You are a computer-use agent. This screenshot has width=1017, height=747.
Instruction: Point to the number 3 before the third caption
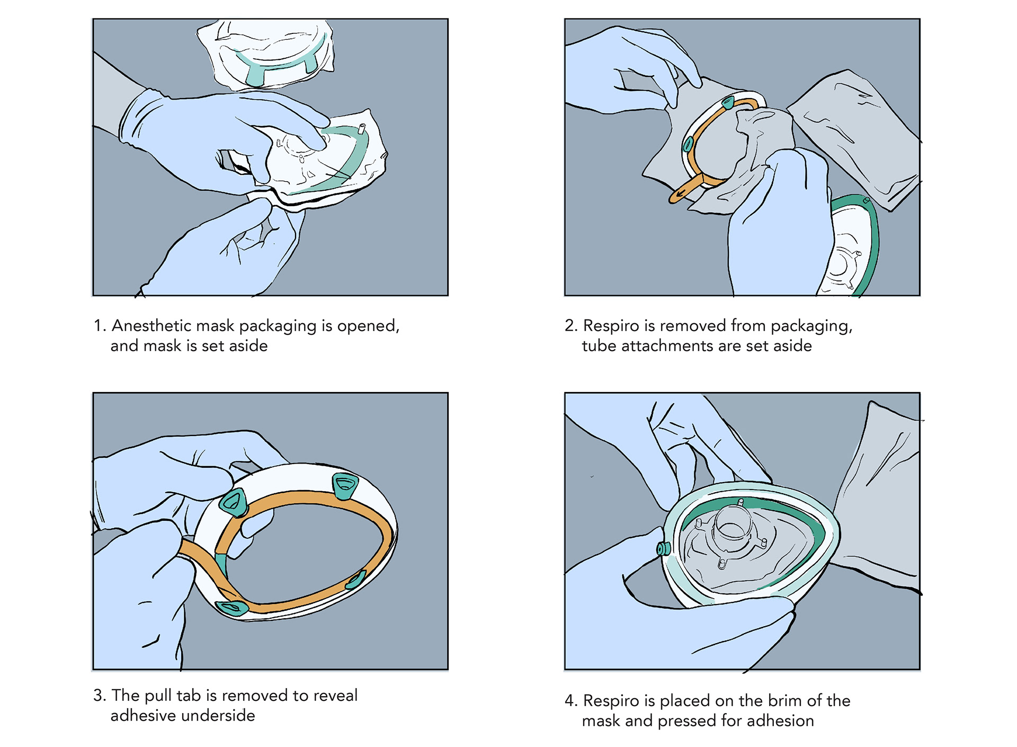[98, 695]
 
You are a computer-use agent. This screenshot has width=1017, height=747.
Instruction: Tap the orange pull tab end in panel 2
[679, 195]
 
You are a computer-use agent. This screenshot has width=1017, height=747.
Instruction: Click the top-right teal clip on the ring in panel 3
[345, 485]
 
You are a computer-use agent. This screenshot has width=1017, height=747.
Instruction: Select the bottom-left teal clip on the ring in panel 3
[232, 607]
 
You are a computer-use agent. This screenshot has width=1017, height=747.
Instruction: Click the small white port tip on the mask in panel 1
[362, 128]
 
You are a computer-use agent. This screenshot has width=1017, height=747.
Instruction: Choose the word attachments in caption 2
[665, 345]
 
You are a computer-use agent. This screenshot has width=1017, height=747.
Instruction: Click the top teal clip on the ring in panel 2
[728, 102]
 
